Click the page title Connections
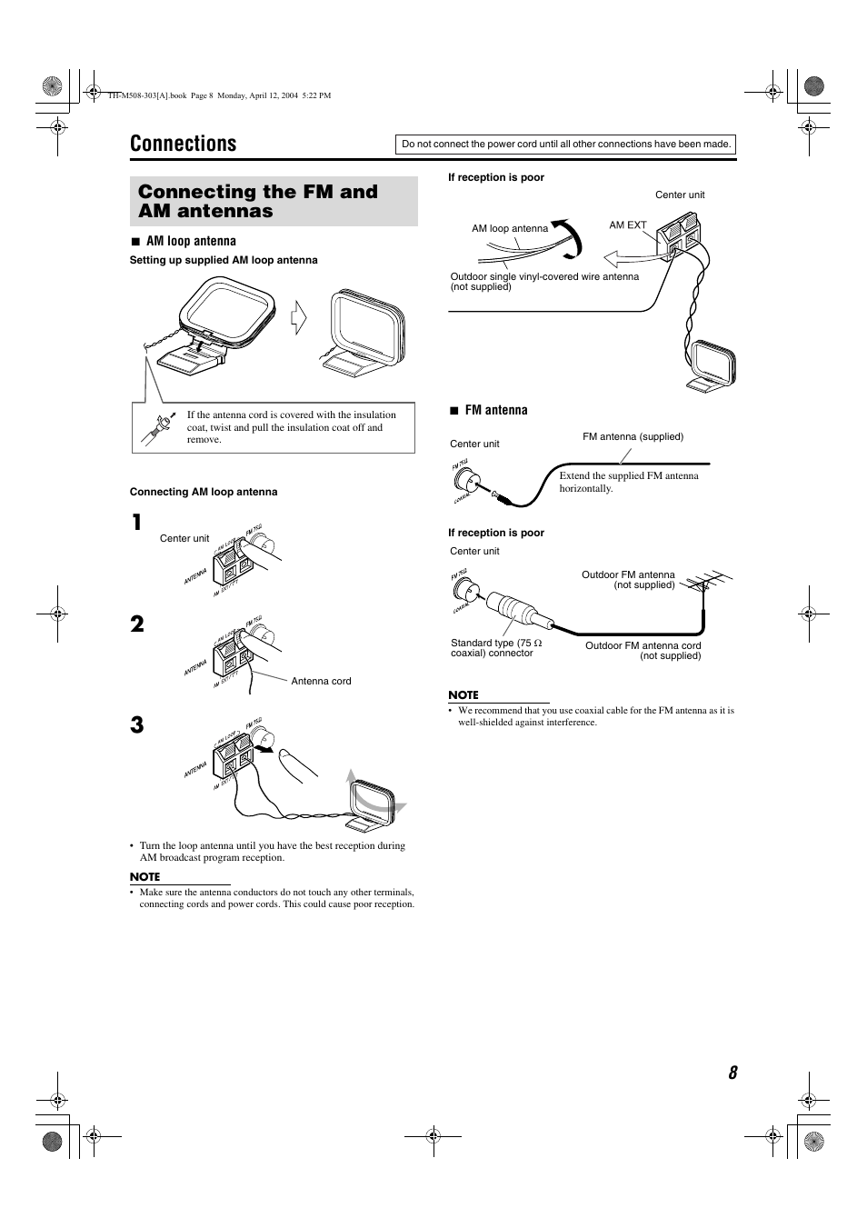click(x=183, y=144)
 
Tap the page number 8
click(x=732, y=1073)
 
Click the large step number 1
click(x=136, y=523)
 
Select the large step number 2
click(x=136, y=624)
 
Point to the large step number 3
click(x=136, y=725)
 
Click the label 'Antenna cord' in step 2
click(x=321, y=681)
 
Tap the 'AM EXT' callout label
click(x=627, y=225)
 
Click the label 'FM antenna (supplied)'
click(x=633, y=436)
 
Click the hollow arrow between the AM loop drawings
click(x=297, y=319)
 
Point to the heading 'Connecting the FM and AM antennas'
click(x=258, y=201)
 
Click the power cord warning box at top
click(x=566, y=144)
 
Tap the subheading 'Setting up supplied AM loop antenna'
click(x=224, y=260)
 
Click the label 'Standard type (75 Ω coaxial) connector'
click(x=496, y=648)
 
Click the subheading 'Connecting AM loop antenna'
click(x=204, y=492)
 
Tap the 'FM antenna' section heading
click(x=495, y=410)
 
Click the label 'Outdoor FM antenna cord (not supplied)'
click(x=643, y=651)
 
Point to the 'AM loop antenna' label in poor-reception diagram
click(x=510, y=228)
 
